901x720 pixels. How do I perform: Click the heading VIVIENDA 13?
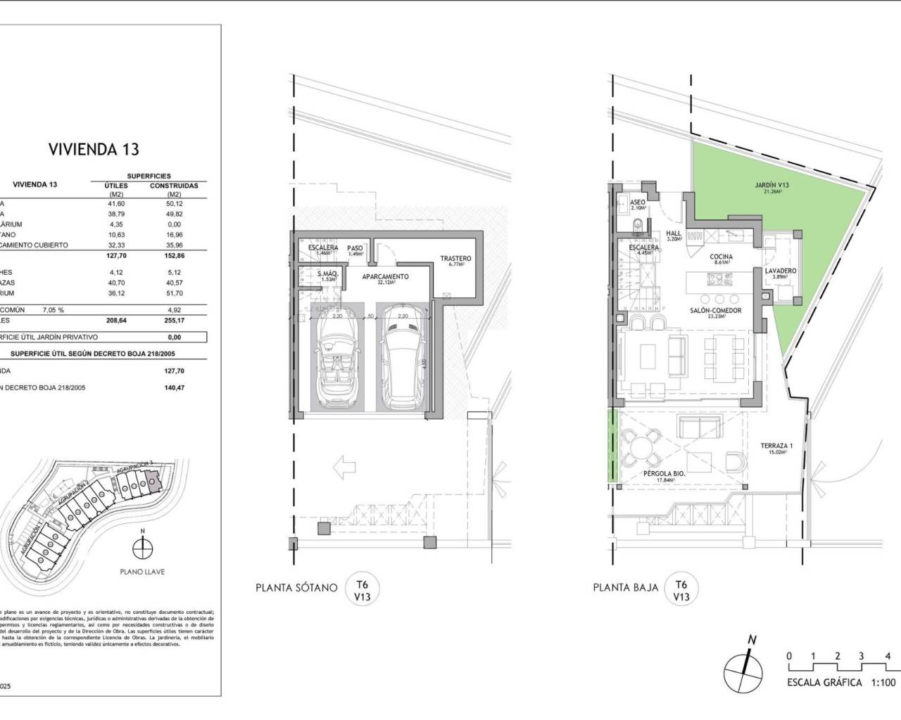click(94, 149)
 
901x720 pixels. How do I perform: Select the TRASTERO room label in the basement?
click(455, 259)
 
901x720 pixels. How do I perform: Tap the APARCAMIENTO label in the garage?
click(385, 277)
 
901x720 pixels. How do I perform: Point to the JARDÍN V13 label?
click(771, 186)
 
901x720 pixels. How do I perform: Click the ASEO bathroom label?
click(638, 202)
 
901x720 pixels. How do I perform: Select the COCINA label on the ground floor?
click(721, 257)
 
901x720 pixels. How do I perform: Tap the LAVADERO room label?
click(781, 271)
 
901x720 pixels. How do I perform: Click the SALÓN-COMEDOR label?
click(715, 310)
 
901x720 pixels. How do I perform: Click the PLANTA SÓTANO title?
click(296, 588)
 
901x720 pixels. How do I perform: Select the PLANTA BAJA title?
click(625, 588)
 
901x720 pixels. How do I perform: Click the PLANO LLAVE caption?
click(141, 572)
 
